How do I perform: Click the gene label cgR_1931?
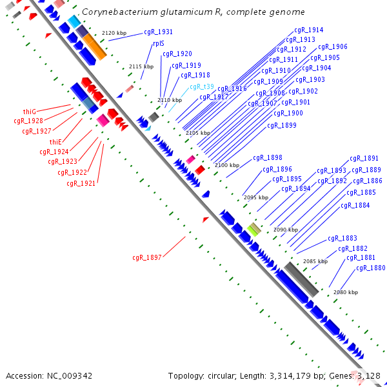(158, 32)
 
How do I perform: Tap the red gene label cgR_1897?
(146, 257)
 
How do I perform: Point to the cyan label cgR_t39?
(201, 87)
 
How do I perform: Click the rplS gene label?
(159, 44)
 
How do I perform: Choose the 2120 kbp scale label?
(114, 33)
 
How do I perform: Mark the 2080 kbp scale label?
(346, 292)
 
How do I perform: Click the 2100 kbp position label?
(226, 166)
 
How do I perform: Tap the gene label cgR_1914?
(309, 30)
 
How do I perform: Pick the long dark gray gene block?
(301, 279)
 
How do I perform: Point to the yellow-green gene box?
(254, 229)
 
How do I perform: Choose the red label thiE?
(55, 142)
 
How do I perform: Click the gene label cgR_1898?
(267, 157)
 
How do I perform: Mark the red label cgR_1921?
(81, 184)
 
